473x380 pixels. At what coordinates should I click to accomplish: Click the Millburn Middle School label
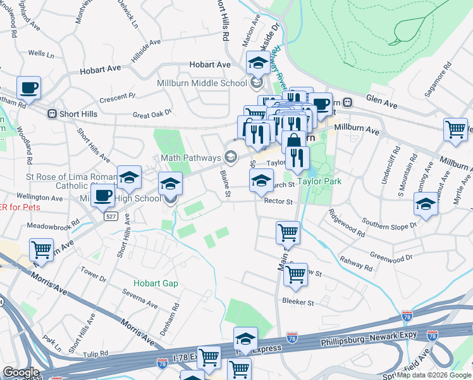(x=202, y=83)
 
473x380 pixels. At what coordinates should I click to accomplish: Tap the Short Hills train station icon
(x=52, y=113)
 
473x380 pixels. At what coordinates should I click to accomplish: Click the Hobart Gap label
(x=156, y=283)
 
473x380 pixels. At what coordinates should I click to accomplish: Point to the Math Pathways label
(x=191, y=158)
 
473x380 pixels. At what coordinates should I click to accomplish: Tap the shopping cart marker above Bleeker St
(x=295, y=275)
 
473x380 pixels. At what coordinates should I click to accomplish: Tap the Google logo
(x=21, y=372)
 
